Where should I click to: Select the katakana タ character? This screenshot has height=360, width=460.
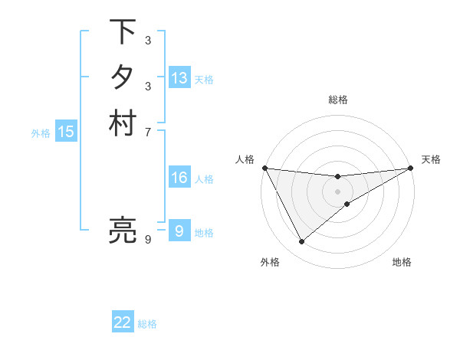[123, 77]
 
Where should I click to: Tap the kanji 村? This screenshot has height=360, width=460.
[123, 123]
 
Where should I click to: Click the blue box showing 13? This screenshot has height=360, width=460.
[179, 78]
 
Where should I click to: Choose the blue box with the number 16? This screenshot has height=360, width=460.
[179, 178]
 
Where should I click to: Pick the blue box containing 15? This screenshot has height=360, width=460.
[66, 132]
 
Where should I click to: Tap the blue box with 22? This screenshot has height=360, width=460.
[123, 322]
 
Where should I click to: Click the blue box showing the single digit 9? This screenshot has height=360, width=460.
[179, 231]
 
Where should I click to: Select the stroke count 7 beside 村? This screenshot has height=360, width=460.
[148, 133]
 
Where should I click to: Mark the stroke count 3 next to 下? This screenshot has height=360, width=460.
[148, 41]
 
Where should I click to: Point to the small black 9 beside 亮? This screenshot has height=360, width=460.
[148, 241]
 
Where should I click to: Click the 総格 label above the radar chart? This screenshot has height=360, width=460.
[338, 100]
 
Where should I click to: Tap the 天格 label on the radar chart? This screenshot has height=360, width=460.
[431, 159]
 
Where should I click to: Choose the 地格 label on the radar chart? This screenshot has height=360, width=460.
[402, 262]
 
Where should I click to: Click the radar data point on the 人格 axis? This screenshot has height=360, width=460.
[265, 168]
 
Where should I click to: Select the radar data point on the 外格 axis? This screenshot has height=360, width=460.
[302, 242]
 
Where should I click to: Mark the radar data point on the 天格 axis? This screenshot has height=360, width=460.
[411, 168]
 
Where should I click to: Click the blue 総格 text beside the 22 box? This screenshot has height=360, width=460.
[147, 324]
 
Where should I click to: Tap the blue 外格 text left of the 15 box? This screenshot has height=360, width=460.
[41, 133]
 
